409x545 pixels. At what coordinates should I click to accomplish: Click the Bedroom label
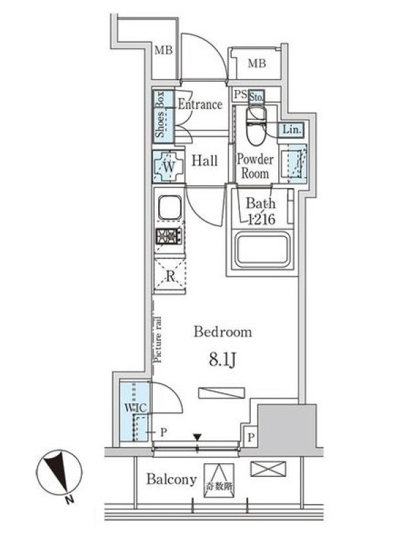223,332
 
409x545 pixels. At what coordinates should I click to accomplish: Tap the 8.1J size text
223,360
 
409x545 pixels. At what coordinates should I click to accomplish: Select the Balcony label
172,480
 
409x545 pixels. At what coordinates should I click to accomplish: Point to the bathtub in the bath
262,248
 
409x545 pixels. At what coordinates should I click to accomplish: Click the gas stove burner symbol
168,236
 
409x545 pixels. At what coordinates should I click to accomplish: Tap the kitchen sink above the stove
170,208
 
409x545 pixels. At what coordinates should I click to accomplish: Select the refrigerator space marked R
170,276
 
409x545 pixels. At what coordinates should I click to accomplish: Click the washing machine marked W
168,166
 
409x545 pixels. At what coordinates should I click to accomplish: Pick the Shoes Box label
160,114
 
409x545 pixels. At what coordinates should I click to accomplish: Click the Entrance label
200,104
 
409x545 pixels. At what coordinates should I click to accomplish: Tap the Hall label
205,161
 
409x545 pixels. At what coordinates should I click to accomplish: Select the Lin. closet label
292,129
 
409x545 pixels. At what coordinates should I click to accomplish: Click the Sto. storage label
256,97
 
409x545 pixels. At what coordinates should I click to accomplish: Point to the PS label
241,94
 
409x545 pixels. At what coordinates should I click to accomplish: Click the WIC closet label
135,407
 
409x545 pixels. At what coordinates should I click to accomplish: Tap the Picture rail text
158,340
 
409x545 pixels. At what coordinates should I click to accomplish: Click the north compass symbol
59,473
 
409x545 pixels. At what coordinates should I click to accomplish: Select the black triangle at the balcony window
197,437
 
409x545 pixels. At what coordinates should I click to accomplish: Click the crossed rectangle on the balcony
268,469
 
